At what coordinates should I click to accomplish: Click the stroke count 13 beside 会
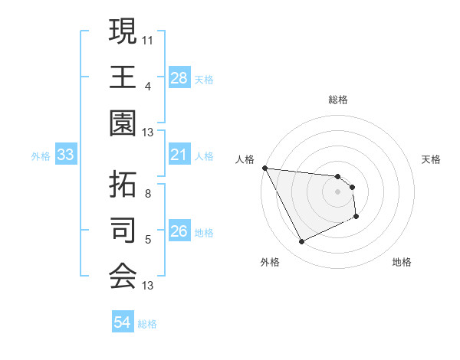(x=148, y=286)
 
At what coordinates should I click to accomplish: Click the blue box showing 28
(x=179, y=77)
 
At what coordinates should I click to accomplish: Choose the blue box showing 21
(x=179, y=155)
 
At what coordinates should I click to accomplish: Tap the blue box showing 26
(x=179, y=232)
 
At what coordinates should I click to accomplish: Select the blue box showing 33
(x=65, y=155)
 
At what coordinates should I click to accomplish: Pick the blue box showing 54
(x=122, y=322)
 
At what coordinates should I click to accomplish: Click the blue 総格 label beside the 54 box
(x=147, y=324)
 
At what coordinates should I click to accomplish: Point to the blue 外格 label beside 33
(x=41, y=156)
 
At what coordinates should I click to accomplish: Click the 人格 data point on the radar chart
(x=264, y=168)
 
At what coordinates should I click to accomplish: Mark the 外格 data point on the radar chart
(x=301, y=242)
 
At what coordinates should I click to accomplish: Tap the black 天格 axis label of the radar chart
(x=432, y=159)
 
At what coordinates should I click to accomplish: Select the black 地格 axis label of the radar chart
(x=402, y=262)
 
